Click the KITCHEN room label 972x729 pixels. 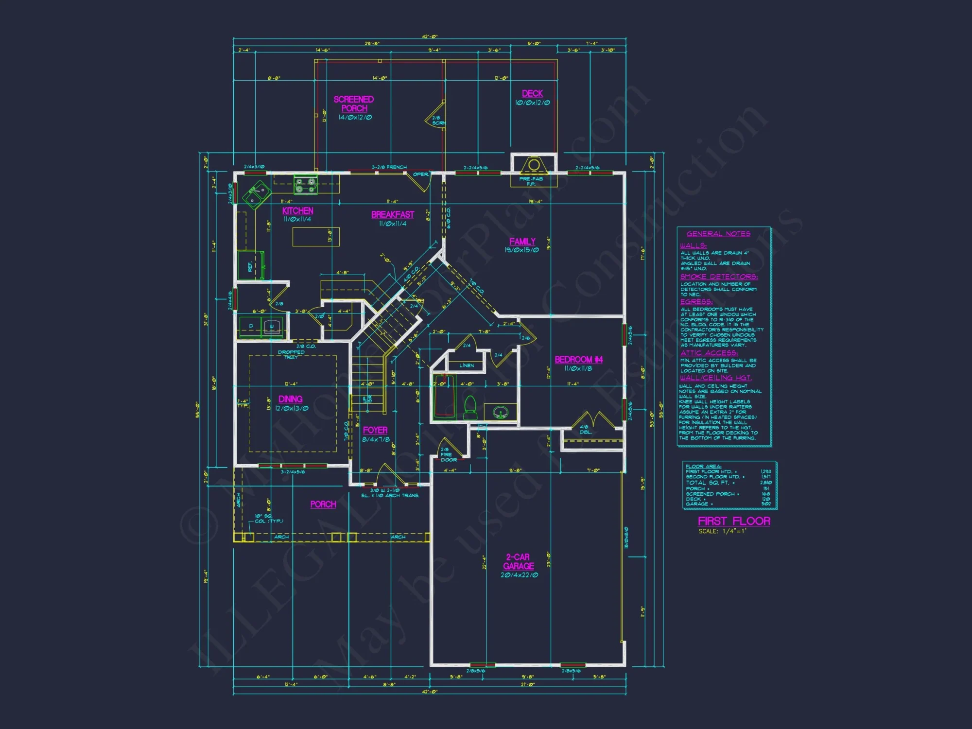point(297,211)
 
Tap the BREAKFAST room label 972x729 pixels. point(393,214)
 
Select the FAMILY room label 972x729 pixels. point(522,242)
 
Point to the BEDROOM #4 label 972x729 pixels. point(578,360)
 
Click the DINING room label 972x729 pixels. point(291,399)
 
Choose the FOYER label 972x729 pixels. point(375,430)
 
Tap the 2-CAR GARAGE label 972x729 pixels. point(519,562)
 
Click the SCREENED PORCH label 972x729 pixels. point(354,104)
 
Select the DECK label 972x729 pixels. point(532,93)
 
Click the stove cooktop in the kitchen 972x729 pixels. point(305,185)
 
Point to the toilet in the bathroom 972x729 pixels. point(470,407)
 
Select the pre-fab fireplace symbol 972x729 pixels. point(534,165)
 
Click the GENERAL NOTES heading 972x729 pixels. point(718,234)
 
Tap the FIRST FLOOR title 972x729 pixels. point(734,521)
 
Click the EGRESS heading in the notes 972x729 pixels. point(696,302)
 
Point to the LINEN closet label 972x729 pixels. point(467,365)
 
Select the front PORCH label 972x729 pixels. point(323,504)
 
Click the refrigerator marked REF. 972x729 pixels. point(250,266)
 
